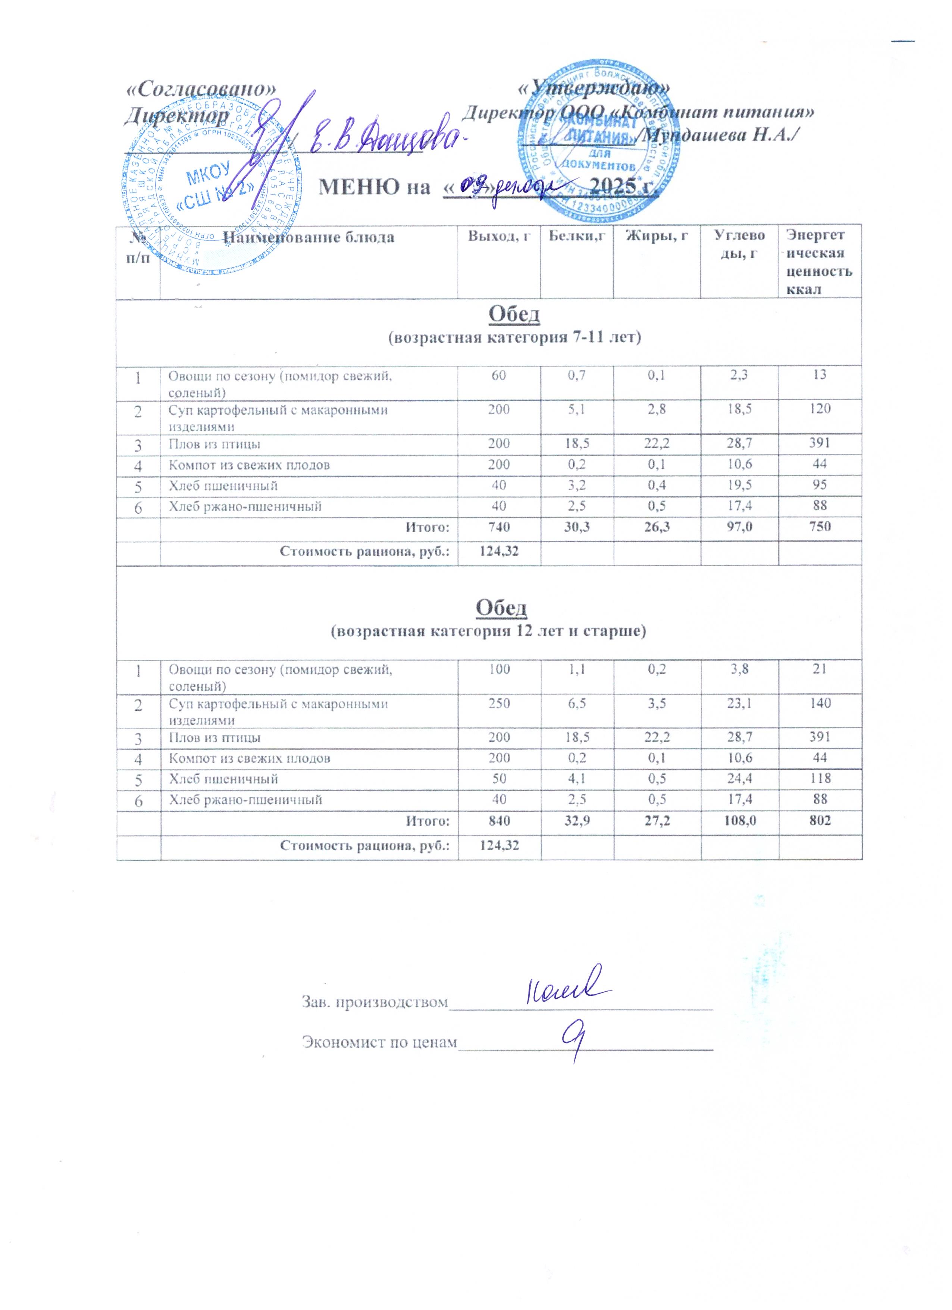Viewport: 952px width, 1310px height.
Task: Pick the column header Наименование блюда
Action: coord(309,237)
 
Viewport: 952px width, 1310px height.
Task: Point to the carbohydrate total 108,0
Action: coord(739,820)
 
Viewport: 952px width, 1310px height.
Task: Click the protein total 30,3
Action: coord(577,526)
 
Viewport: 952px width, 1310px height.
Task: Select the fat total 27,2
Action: coord(657,820)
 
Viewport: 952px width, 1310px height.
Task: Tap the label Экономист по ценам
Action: coord(379,1042)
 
